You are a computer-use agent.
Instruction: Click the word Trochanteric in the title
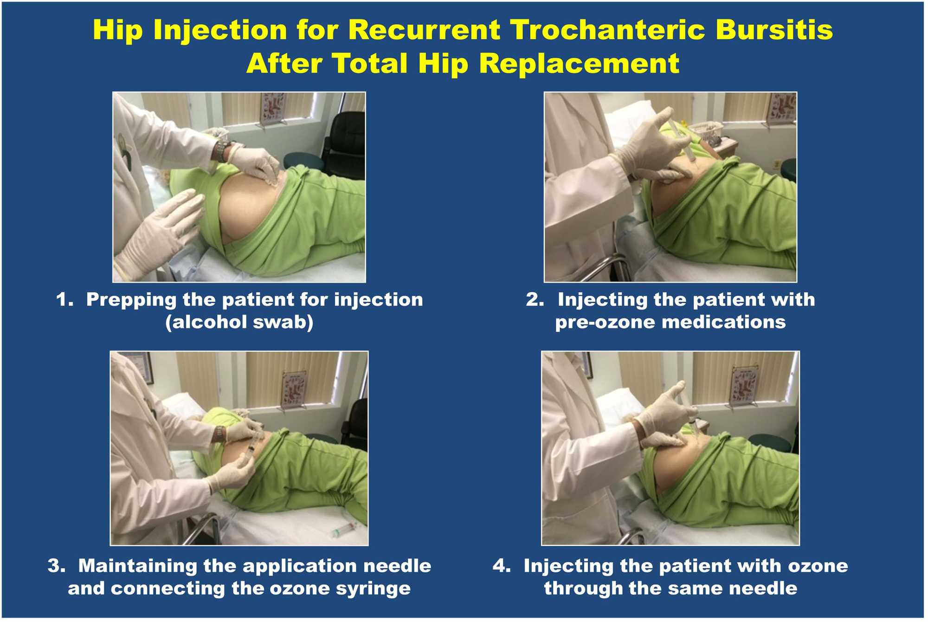tap(607, 30)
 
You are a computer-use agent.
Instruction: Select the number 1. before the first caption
tap(65, 300)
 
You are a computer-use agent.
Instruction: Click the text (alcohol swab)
tap(239, 322)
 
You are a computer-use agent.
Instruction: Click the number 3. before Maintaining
tap(57, 566)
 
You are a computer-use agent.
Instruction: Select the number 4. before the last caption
tap(502, 566)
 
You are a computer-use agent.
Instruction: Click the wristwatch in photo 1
tap(221, 150)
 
